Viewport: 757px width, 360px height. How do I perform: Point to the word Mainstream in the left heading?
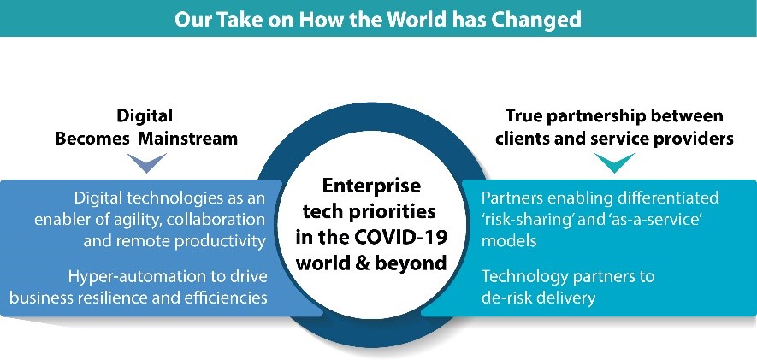click(x=188, y=139)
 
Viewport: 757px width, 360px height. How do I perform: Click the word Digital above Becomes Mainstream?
click(x=145, y=115)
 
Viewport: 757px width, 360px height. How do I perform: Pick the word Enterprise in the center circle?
click(x=371, y=186)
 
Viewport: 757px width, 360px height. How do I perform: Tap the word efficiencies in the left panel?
click(x=226, y=298)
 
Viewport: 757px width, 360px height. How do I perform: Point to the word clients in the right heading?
click(x=523, y=139)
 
